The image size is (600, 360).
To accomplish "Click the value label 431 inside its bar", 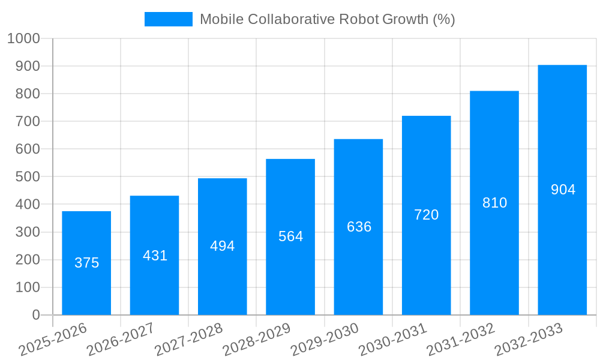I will tap(155, 256).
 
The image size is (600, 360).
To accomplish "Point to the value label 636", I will tap(359, 227).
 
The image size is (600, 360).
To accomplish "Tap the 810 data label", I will tap(494, 203).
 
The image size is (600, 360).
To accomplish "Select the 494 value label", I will tap(223, 246).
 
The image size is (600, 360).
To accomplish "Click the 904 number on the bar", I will tap(563, 190).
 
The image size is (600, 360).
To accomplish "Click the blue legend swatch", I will tap(168, 19).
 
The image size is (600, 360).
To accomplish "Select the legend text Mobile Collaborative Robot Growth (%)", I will tap(327, 19).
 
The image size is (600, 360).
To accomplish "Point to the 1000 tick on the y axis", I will tap(23, 38).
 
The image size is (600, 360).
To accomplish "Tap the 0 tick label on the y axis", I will tap(36, 315).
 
